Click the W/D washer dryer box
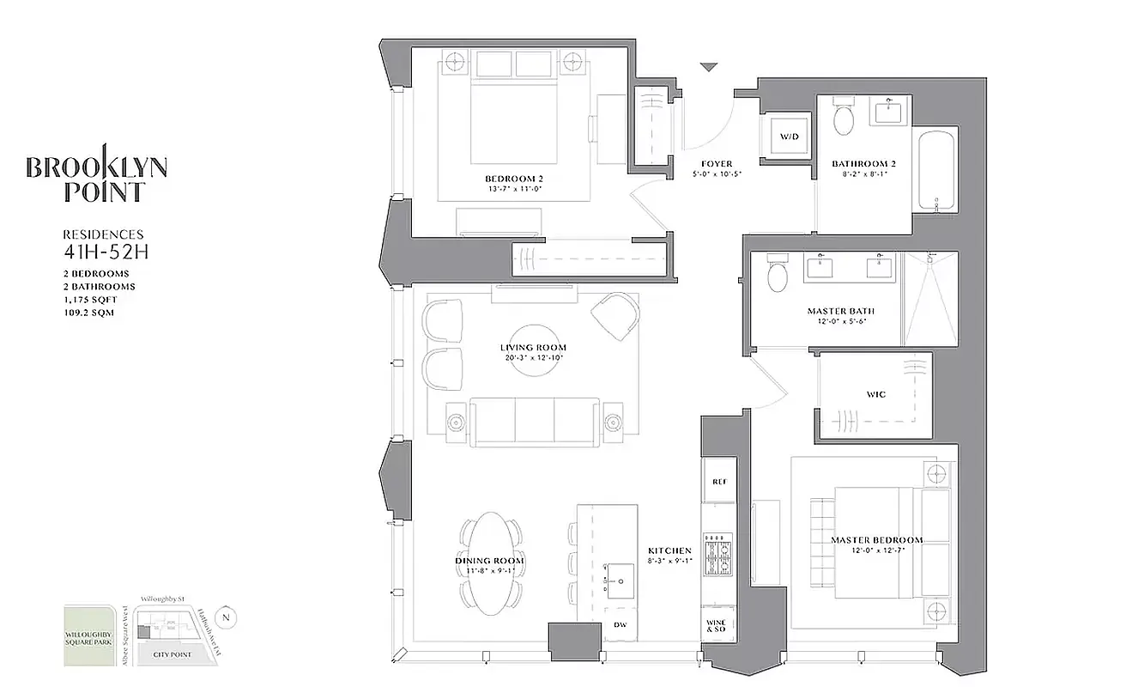pyautogui.click(x=788, y=137)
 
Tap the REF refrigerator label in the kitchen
pyautogui.click(x=719, y=482)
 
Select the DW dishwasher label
pyautogui.click(x=620, y=625)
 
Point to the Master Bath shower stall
pyautogui.click(x=930, y=299)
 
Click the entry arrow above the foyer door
pyautogui.click(x=708, y=68)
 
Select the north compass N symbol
pyautogui.click(x=226, y=616)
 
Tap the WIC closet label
pyautogui.click(x=875, y=394)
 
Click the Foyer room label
pyautogui.click(x=716, y=163)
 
